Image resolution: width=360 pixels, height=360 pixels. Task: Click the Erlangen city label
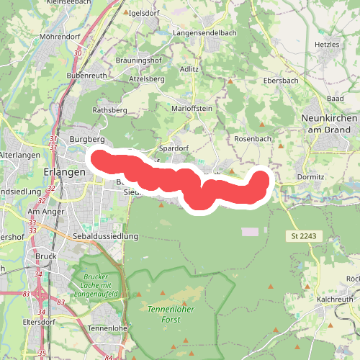pos(65,172)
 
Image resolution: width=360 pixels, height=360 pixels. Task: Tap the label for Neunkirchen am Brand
pos(328,123)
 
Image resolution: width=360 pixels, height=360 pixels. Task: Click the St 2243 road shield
pos(304,235)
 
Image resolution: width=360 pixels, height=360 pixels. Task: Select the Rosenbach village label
pos(252,138)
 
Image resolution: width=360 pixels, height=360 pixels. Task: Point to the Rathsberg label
pos(109,110)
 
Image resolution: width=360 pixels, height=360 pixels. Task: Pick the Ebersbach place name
pos(281,81)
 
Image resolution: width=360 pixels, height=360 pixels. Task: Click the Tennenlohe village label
pos(107,328)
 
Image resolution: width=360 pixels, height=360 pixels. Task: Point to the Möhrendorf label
pos(60,35)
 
